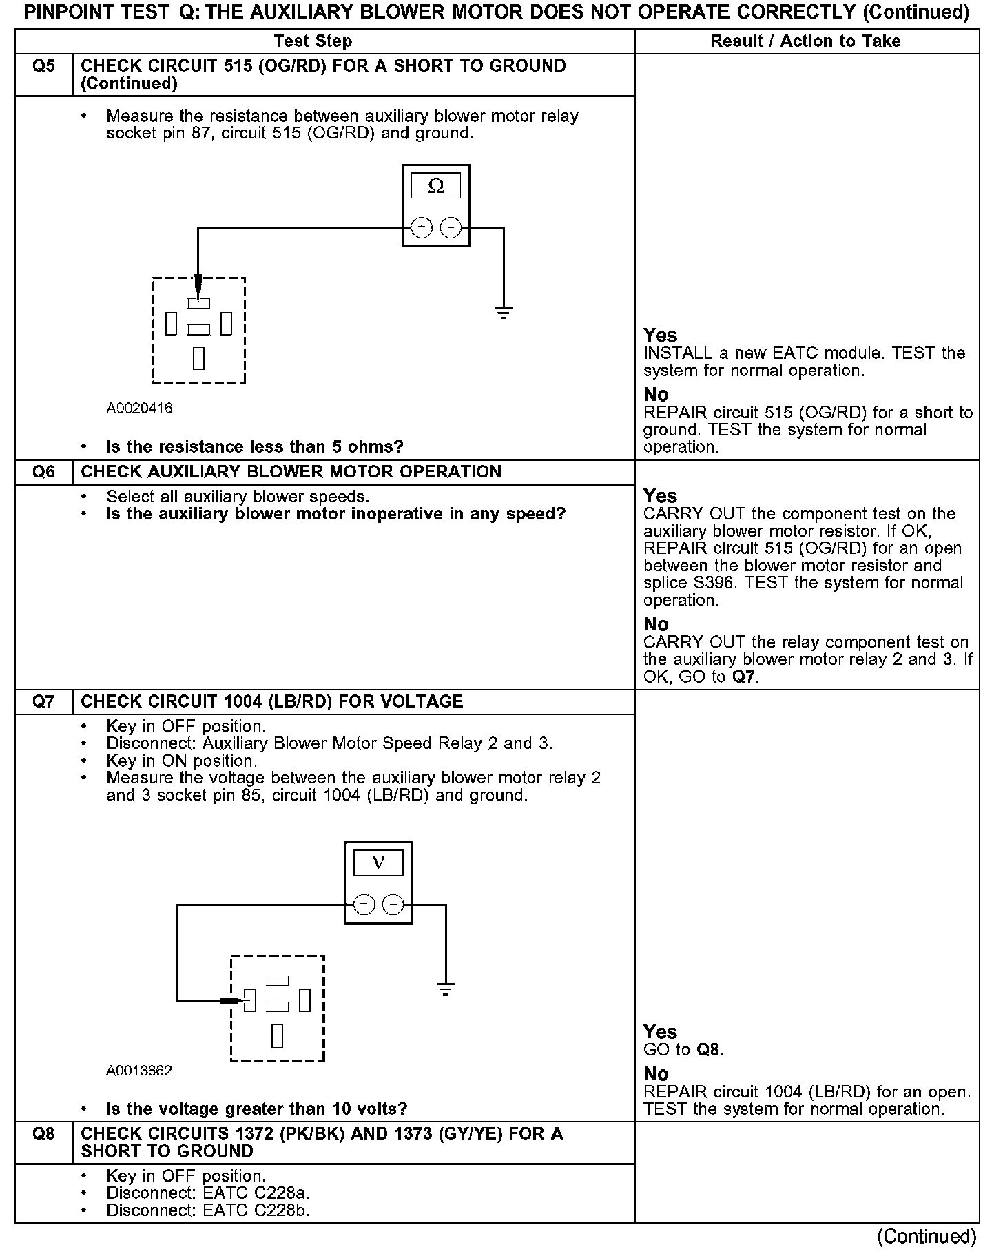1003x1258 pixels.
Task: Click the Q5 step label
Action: click(43, 67)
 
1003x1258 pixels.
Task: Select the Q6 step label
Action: click(43, 473)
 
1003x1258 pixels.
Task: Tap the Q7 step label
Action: click(43, 702)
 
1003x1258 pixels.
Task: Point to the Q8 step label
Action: click(43, 1134)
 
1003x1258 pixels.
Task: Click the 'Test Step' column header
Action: click(313, 41)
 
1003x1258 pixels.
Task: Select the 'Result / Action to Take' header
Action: click(805, 41)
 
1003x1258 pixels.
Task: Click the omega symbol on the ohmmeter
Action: click(435, 186)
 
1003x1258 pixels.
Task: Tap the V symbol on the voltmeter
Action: click(378, 863)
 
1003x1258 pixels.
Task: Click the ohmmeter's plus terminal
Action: click(421, 227)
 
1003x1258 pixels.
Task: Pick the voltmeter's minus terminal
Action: click(393, 905)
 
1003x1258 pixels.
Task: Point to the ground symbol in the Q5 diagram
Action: click(504, 313)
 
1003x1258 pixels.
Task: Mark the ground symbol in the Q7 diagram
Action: click(446, 989)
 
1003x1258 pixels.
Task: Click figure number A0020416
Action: click(139, 409)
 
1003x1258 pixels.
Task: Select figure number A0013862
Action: click(139, 1071)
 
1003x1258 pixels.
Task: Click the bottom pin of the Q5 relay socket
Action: click(198, 358)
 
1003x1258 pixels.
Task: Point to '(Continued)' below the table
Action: click(926, 1237)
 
